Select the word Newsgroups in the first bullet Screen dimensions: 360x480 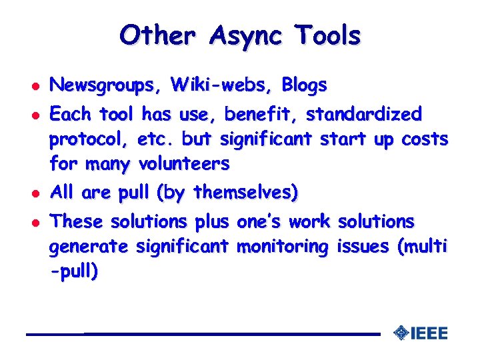pyautogui.click(x=106, y=85)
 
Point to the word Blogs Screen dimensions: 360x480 pyautogui.click(x=304, y=85)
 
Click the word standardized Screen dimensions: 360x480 pyautogui.click(x=364, y=115)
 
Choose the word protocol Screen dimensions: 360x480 pyautogui.click(x=89, y=139)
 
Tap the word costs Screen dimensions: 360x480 pyautogui.click(x=425, y=139)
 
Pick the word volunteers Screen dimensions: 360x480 pyautogui.click(x=183, y=163)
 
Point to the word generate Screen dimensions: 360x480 pyautogui.click(x=89, y=247)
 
